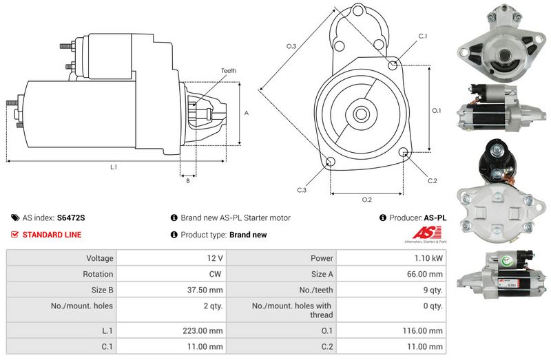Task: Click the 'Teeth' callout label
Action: coord(229,71)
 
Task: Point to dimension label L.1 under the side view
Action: coord(114,167)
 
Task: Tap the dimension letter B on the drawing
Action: coord(188,181)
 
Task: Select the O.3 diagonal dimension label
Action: coord(291,46)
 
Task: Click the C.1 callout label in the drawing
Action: coord(423,36)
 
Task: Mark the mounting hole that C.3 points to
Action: coord(331,162)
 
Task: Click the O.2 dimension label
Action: coord(367,200)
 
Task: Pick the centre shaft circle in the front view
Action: coord(361,114)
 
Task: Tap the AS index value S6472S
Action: coord(71,218)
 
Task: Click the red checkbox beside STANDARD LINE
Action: coord(14,234)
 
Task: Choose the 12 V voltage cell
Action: coord(215,258)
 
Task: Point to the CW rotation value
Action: coord(215,274)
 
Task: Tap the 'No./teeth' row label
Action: coord(316,290)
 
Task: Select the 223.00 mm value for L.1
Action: coord(202,331)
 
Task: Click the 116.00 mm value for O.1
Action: coord(423,331)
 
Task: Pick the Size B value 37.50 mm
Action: coord(205,290)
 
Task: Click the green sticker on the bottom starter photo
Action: coord(507,261)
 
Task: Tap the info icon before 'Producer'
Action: coord(383,218)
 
